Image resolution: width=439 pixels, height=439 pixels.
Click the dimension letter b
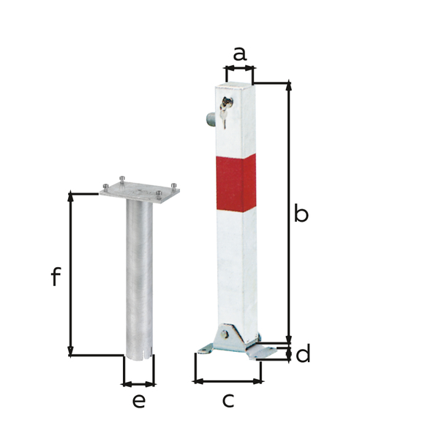301,214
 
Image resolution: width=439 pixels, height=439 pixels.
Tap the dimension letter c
228,399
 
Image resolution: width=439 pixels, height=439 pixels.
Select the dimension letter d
303,355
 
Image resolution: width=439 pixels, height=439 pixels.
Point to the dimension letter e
139,400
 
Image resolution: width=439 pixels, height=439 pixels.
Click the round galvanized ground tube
139,278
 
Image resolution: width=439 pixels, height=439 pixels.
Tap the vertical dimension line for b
289,212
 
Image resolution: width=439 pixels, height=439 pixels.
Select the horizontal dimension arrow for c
228,380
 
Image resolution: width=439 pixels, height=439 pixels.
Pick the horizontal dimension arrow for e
139,383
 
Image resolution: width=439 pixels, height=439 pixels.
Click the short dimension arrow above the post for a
239,69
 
